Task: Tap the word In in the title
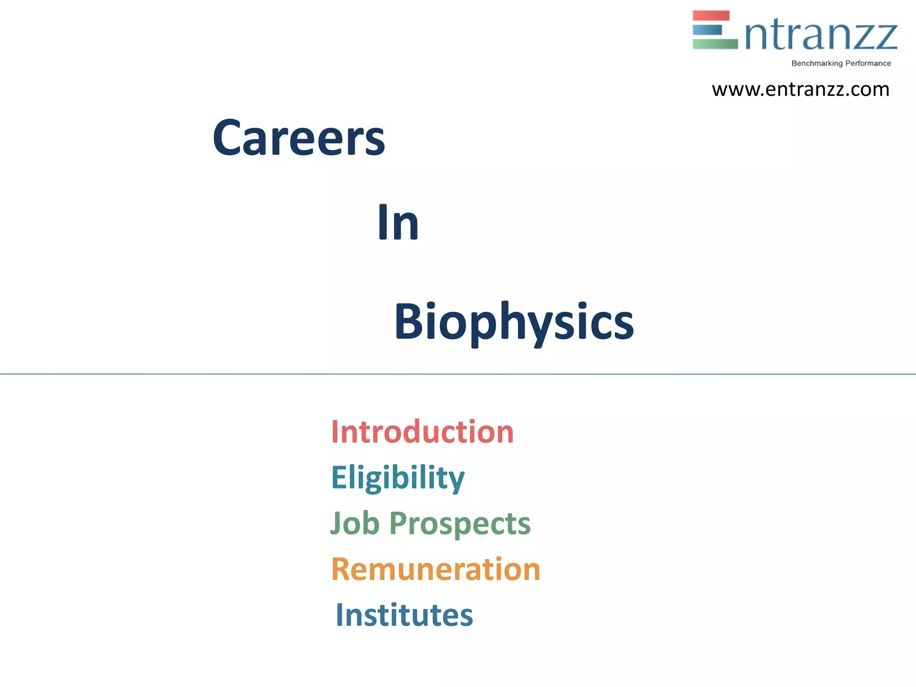[398, 222]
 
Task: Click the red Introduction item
[422, 432]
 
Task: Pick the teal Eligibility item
[398, 478]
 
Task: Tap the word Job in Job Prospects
[355, 523]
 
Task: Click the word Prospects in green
[460, 524]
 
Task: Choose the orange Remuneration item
[436, 569]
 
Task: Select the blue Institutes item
[404, 615]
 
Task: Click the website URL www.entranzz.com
[800, 89]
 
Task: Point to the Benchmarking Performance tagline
[841, 64]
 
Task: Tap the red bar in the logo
[711, 16]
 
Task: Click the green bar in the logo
[715, 44]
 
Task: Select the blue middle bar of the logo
[707, 30]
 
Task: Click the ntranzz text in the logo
[821, 36]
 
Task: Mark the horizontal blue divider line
[458, 374]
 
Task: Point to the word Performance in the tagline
[868, 64]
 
